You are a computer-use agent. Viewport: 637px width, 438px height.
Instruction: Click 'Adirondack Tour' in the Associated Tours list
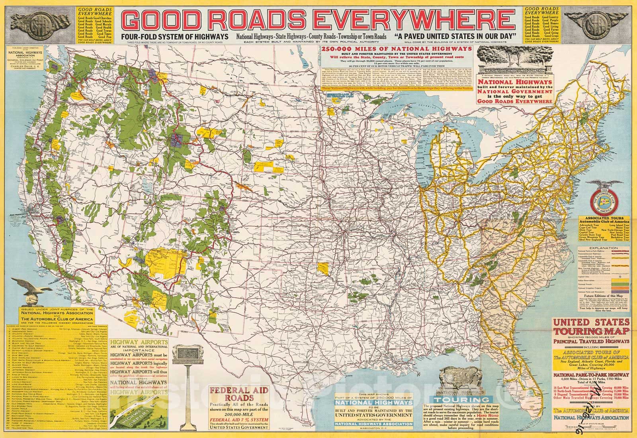589,225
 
